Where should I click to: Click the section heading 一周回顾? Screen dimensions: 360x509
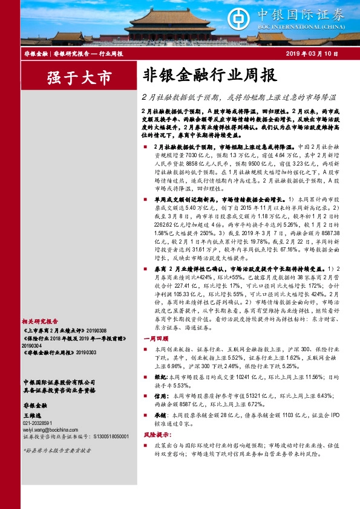pos(154,339)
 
